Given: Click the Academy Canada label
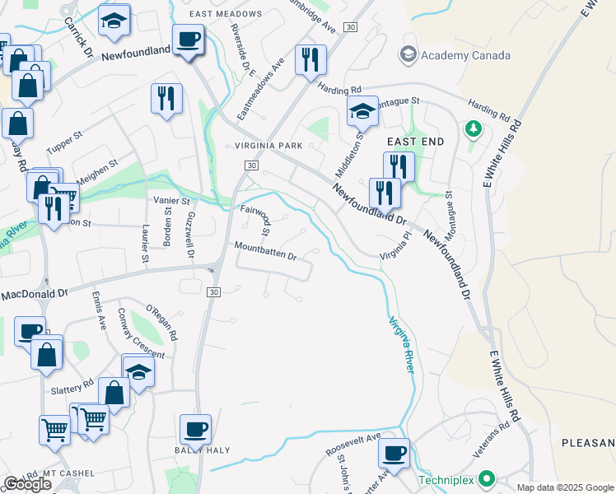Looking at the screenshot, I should (465, 55).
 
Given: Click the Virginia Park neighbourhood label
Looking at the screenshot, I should (268, 146).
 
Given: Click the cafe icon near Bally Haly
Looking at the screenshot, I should (196, 429).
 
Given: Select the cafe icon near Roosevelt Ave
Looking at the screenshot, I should (394, 453).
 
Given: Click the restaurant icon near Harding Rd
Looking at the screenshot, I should (310, 59).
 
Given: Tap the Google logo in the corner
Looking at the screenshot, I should (26, 484).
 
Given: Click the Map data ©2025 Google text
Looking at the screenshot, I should (564, 487).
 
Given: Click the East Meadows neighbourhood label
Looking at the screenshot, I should (225, 14).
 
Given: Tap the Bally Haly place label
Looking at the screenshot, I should (202, 450).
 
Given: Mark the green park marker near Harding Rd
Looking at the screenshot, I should (473, 129).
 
